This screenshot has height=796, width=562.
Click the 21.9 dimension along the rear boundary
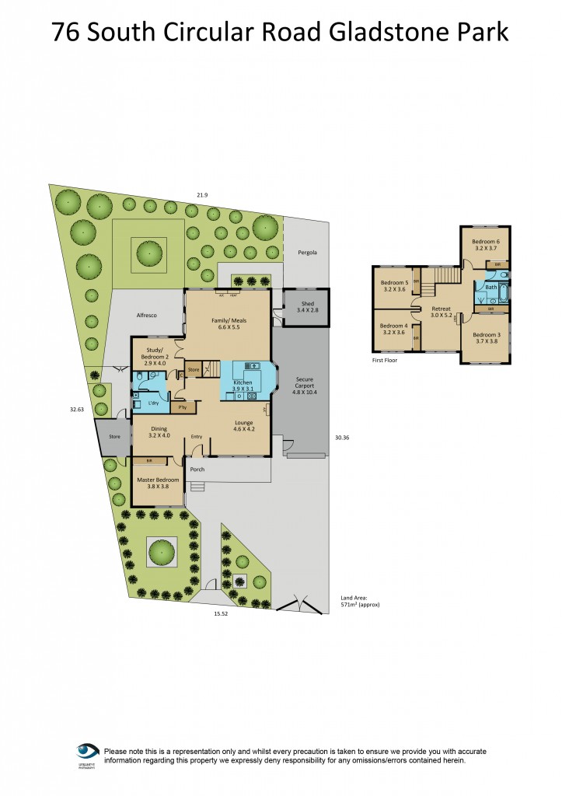202,194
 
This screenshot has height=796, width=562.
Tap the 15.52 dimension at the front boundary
222,614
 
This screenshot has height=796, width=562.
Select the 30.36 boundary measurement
342,438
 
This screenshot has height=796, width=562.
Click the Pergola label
308,253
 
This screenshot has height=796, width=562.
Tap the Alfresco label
147,316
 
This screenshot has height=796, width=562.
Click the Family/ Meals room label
227,324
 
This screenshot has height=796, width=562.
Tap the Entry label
197,437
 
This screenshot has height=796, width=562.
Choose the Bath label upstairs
490,288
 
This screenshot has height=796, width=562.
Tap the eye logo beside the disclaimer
87,752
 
